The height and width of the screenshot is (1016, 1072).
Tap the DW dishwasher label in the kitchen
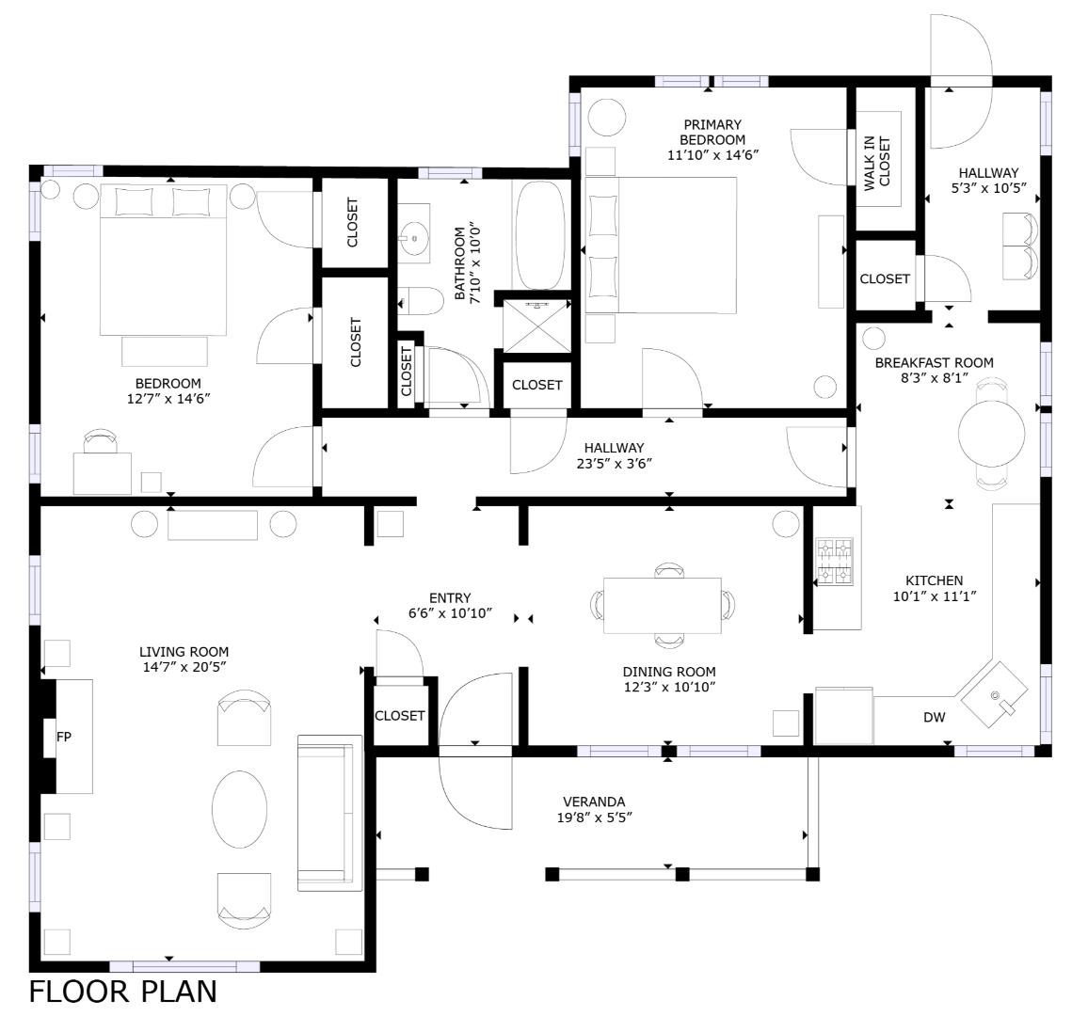point(934,718)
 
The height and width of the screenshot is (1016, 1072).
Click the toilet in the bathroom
point(421,302)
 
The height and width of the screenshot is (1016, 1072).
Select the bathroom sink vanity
point(413,239)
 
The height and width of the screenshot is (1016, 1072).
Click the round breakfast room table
point(991,433)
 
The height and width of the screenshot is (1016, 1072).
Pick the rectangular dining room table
point(662,606)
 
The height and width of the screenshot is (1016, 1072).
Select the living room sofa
point(329,813)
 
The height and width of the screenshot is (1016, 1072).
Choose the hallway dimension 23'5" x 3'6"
point(614,463)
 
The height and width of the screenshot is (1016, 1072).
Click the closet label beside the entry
point(400,716)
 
